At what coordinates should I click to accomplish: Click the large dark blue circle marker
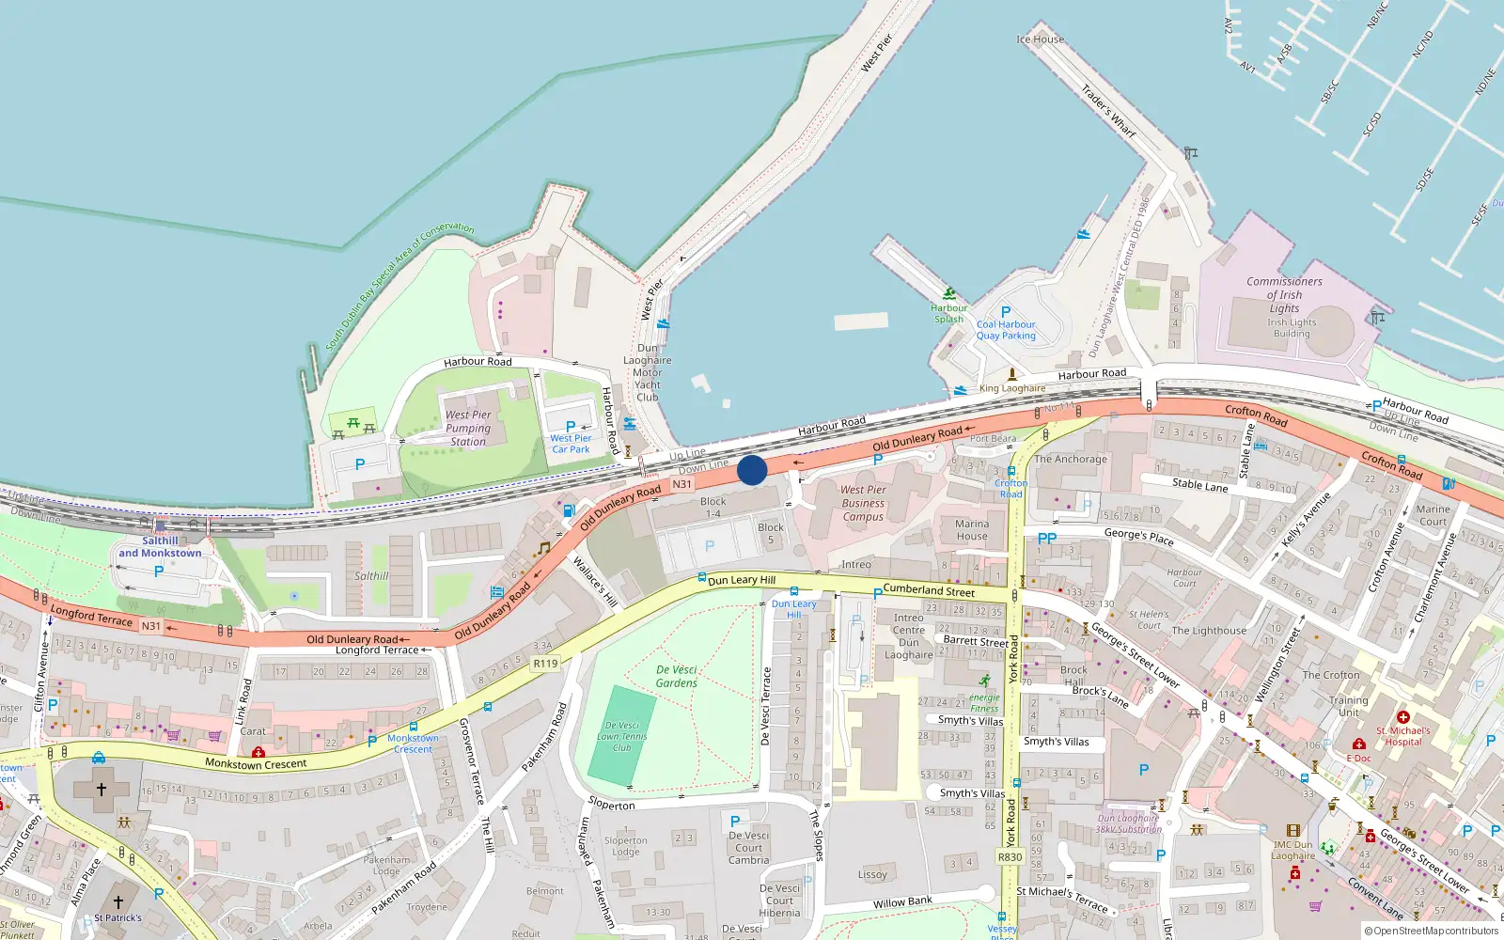(x=752, y=470)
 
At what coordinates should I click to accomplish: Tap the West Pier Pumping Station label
(x=468, y=428)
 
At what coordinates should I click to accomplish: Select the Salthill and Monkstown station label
(x=160, y=547)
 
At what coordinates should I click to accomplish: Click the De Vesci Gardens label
(x=677, y=677)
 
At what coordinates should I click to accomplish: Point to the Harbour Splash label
(x=948, y=313)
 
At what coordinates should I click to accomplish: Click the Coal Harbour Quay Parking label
(x=1006, y=330)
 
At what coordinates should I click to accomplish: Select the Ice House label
(x=1040, y=39)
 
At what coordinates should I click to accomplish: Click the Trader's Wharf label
(x=1108, y=111)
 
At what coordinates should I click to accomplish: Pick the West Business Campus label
(x=863, y=503)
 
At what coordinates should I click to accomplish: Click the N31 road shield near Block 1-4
(x=681, y=484)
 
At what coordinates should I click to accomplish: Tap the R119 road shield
(x=545, y=664)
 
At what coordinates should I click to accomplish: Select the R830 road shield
(x=1010, y=857)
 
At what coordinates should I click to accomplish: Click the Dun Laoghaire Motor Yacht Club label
(x=648, y=372)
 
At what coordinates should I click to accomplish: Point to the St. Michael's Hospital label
(x=1403, y=736)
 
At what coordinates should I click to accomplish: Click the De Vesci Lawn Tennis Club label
(x=622, y=737)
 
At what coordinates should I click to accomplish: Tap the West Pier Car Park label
(x=571, y=444)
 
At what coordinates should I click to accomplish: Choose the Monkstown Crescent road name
(x=256, y=764)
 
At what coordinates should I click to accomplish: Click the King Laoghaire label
(x=1012, y=388)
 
